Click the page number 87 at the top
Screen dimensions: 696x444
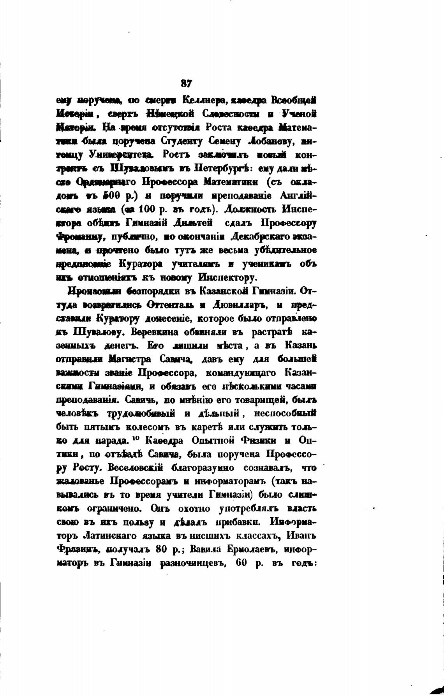pyautogui.click(x=187, y=83)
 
